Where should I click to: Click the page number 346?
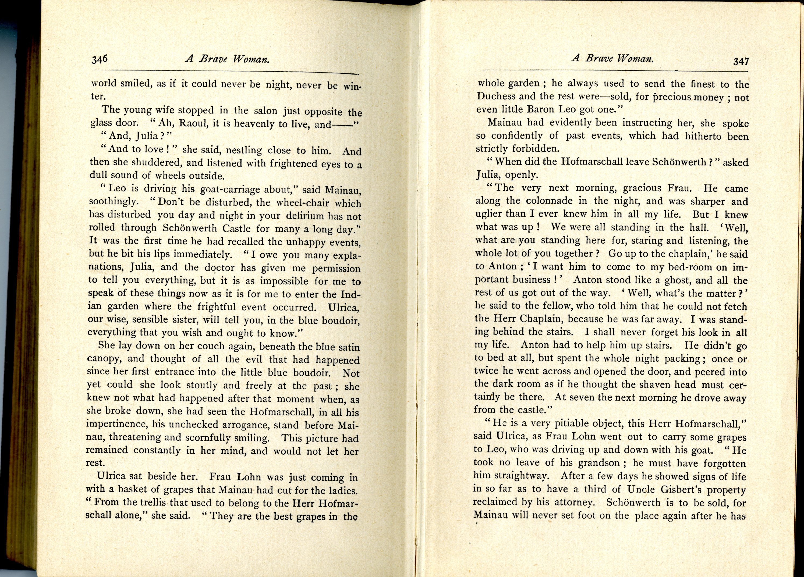click(99, 59)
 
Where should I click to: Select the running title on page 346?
click(227, 59)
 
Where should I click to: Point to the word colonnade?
click(549, 201)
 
